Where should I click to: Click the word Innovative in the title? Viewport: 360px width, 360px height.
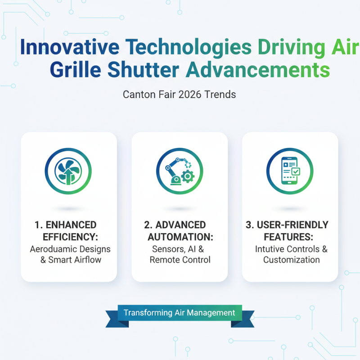pos(70,47)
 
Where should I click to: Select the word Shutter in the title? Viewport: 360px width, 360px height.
pos(143,70)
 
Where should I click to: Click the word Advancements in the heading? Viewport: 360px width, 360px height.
pos(258,70)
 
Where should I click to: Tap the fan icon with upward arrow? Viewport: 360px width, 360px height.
pos(68,171)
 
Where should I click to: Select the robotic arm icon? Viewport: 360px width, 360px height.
pos(175,171)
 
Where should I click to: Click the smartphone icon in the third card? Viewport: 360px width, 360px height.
pos(289,171)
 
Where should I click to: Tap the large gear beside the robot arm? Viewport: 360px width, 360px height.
pos(188,176)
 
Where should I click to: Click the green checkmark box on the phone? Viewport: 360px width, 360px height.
pos(296,171)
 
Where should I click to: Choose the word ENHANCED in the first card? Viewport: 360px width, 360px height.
pos(71,225)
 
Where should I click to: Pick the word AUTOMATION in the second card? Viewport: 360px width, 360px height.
pos(180,237)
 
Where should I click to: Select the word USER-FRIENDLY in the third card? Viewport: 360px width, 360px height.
pos(293,225)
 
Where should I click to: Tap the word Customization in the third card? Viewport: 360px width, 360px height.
pos(291,260)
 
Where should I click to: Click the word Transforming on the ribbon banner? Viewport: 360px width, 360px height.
pos(148,313)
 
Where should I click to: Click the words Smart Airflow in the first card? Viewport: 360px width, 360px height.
pos(75,260)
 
